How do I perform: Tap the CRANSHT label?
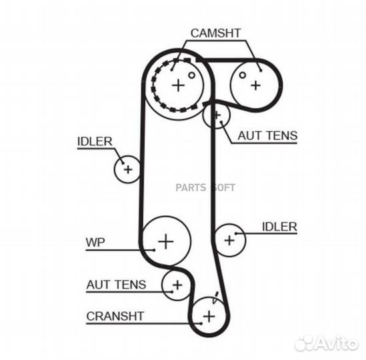(x=115, y=315)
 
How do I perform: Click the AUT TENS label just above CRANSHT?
(x=115, y=284)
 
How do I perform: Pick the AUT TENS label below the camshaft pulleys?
(x=267, y=135)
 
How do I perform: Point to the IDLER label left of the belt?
(x=94, y=141)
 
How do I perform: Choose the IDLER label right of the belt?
(x=279, y=227)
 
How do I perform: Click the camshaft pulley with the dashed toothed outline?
(x=178, y=85)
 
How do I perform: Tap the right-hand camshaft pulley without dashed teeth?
(x=255, y=84)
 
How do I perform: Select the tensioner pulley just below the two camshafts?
(x=216, y=116)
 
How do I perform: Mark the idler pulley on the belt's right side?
(x=230, y=238)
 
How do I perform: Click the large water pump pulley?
(x=166, y=240)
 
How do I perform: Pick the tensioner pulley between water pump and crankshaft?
(x=177, y=285)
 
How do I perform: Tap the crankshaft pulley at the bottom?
(x=209, y=315)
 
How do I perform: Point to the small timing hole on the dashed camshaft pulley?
(x=192, y=75)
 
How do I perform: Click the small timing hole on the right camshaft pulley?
(x=244, y=73)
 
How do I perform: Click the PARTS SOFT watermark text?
(x=205, y=187)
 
